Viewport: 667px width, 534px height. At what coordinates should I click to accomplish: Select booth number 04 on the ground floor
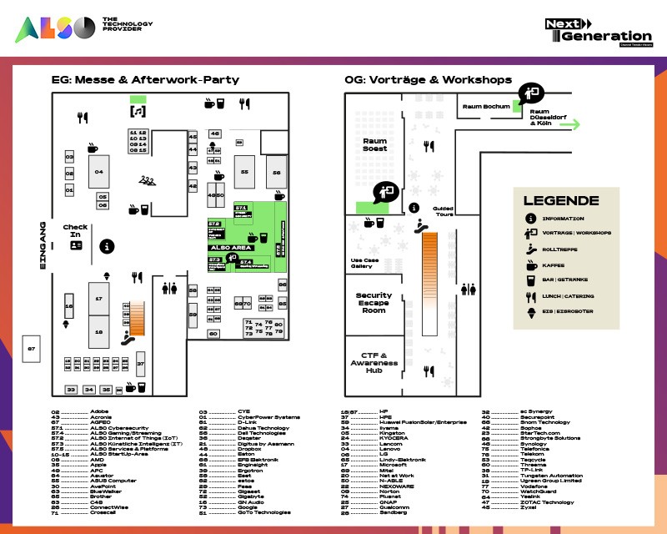pyautogui.click(x=98, y=171)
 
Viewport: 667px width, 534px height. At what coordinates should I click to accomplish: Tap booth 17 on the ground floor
pyautogui.click(x=98, y=298)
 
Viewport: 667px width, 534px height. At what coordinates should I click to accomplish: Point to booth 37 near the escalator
pyautogui.click(x=141, y=365)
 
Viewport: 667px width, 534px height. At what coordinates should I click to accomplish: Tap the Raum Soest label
pyautogui.click(x=374, y=144)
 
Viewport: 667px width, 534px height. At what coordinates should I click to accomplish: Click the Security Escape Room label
pyautogui.click(x=374, y=302)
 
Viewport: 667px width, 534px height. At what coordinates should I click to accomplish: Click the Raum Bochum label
pyautogui.click(x=484, y=107)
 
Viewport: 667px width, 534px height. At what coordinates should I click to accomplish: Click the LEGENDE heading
pyautogui.click(x=560, y=201)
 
